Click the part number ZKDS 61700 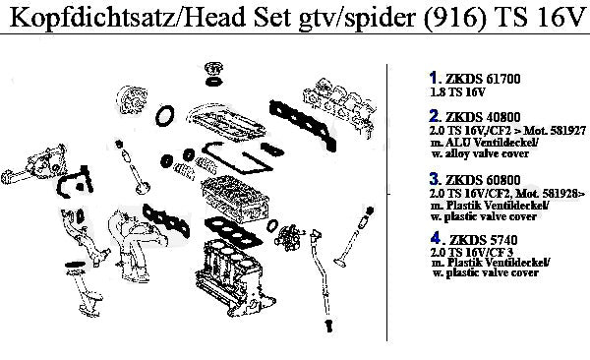click(483, 79)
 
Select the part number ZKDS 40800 click(483, 117)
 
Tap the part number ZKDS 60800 click(483, 180)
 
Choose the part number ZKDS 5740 click(484, 239)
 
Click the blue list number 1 click(434, 78)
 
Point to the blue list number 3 click(435, 179)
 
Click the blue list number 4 click(435, 238)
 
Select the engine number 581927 click(567, 130)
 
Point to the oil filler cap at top click(213, 69)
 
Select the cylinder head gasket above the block click(233, 230)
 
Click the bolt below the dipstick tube click(329, 326)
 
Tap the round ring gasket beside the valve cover click(165, 116)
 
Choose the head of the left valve click(143, 188)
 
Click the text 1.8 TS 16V click(457, 91)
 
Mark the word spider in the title click(381, 17)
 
